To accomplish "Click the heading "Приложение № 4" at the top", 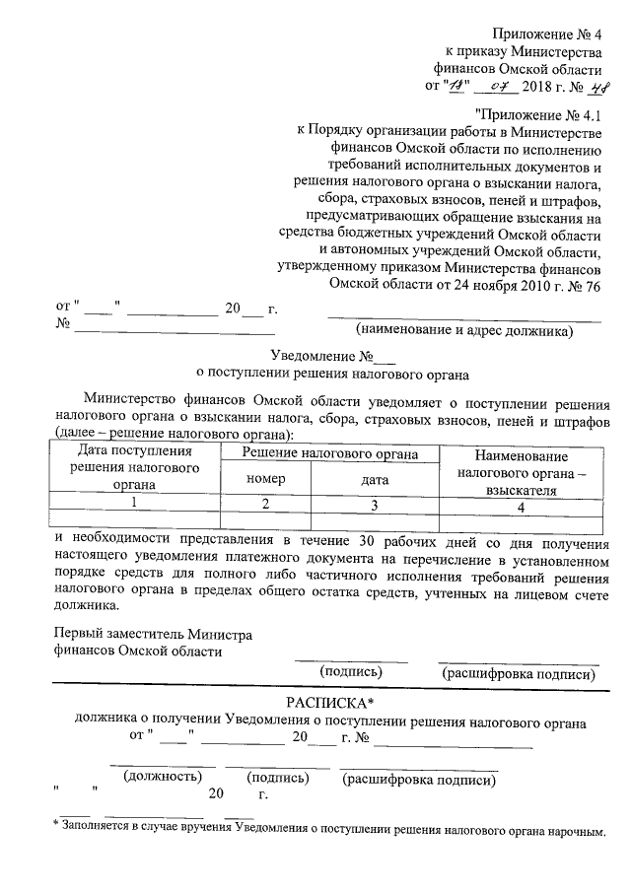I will pyautogui.click(x=543, y=34).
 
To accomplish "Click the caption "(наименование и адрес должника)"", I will pyautogui.click(x=464, y=331).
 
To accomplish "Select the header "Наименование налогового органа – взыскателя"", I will pyautogui.click(x=521, y=472).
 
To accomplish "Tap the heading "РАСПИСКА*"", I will pyautogui.click(x=330, y=702).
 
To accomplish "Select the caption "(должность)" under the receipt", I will pyautogui.click(x=161, y=778).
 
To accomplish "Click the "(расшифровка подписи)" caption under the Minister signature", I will pyautogui.click(x=520, y=674).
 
